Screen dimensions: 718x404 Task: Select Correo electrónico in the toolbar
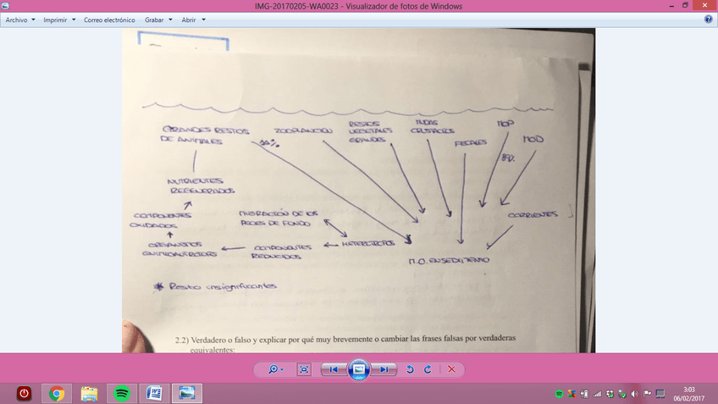coord(108,19)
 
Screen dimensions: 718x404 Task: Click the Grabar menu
coord(158,19)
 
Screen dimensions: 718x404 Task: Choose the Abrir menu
coord(192,19)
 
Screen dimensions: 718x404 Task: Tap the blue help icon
coord(708,19)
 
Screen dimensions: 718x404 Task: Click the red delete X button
coord(451,369)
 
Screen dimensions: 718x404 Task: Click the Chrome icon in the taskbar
coord(57,393)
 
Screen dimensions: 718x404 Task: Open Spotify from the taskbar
coord(121,393)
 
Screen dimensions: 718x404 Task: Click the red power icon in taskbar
coord(24,393)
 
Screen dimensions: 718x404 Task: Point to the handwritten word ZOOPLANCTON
coord(301,131)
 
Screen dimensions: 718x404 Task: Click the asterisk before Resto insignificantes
coord(157,287)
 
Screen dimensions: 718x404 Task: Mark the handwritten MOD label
coord(533,138)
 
